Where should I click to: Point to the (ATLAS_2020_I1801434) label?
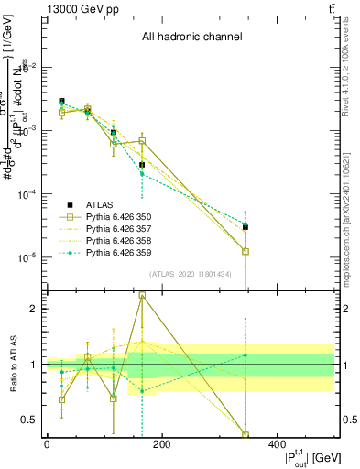pos(191,274)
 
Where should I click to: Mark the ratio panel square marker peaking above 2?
pos(142,296)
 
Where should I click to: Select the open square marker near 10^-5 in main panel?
pos(245,251)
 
